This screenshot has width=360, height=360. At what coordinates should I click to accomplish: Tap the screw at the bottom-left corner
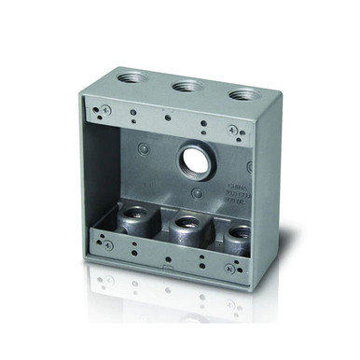point(104,241)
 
